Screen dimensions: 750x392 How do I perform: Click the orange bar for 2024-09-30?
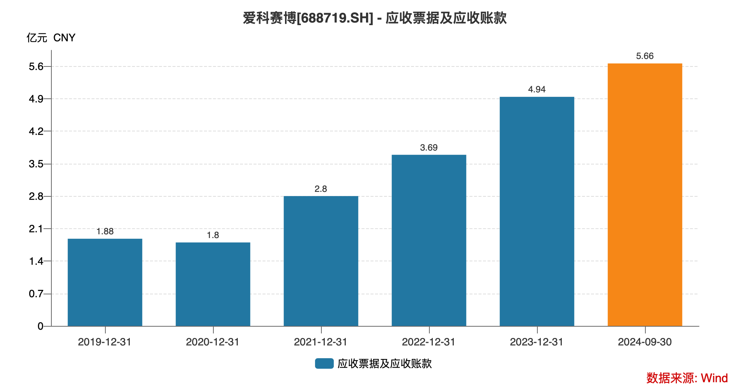(x=645, y=194)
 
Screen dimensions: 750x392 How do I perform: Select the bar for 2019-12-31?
(x=105, y=282)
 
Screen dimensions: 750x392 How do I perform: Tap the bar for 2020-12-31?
(x=213, y=284)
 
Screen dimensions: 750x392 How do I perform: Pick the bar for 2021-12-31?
(x=321, y=261)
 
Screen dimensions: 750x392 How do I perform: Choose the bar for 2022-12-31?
(x=429, y=240)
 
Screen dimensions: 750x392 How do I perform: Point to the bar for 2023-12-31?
(x=537, y=211)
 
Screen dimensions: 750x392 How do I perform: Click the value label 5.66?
(x=645, y=56)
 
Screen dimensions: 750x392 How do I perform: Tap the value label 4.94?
(x=537, y=89)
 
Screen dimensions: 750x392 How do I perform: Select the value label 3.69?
(x=429, y=148)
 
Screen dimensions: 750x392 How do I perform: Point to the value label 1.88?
(x=105, y=231)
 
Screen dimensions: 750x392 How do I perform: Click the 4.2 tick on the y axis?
(x=36, y=131)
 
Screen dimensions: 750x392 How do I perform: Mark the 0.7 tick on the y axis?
(x=36, y=294)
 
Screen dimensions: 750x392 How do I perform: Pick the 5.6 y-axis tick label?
(x=36, y=66)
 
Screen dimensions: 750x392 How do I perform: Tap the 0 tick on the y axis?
(x=40, y=326)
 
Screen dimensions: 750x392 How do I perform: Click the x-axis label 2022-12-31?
(x=429, y=342)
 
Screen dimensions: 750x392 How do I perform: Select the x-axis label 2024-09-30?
(x=645, y=342)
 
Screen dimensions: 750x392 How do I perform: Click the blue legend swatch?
(x=324, y=363)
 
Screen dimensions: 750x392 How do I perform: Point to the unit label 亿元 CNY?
(x=51, y=38)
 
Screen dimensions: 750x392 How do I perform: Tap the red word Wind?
(x=714, y=378)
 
